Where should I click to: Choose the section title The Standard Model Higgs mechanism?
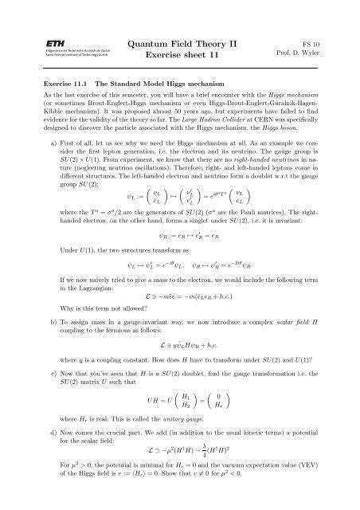pyautogui.click(x=159, y=83)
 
